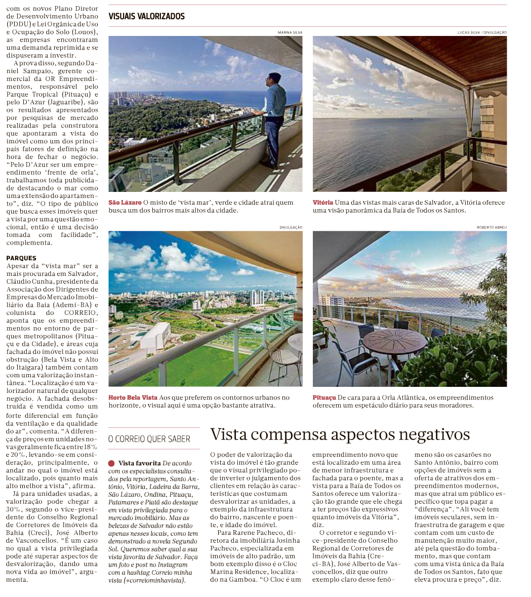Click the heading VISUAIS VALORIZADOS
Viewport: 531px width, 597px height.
[x=146, y=17]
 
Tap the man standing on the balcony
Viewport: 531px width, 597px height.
[x=273, y=119]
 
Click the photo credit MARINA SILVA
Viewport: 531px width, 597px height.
[x=290, y=32]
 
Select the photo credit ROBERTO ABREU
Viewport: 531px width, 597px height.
[x=492, y=227]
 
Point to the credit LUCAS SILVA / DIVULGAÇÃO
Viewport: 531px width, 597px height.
[x=482, y=32]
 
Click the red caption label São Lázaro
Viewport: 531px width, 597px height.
[x=125, y=203]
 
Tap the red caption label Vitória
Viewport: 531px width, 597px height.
[x=323, y=203]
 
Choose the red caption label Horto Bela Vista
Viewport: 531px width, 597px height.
[x=133, y=397]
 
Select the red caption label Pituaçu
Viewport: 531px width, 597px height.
[x=324, y=397]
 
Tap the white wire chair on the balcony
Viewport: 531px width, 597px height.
[x=283, y=360]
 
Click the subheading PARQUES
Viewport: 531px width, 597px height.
[x=21, y=258]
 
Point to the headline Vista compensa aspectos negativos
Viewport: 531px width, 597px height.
[x=340, y=434]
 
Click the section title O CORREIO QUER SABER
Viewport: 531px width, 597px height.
[x=149, y=439]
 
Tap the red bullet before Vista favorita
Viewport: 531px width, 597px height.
[x=111, y=463]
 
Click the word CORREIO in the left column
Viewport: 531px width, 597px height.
[x=80, y=313]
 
